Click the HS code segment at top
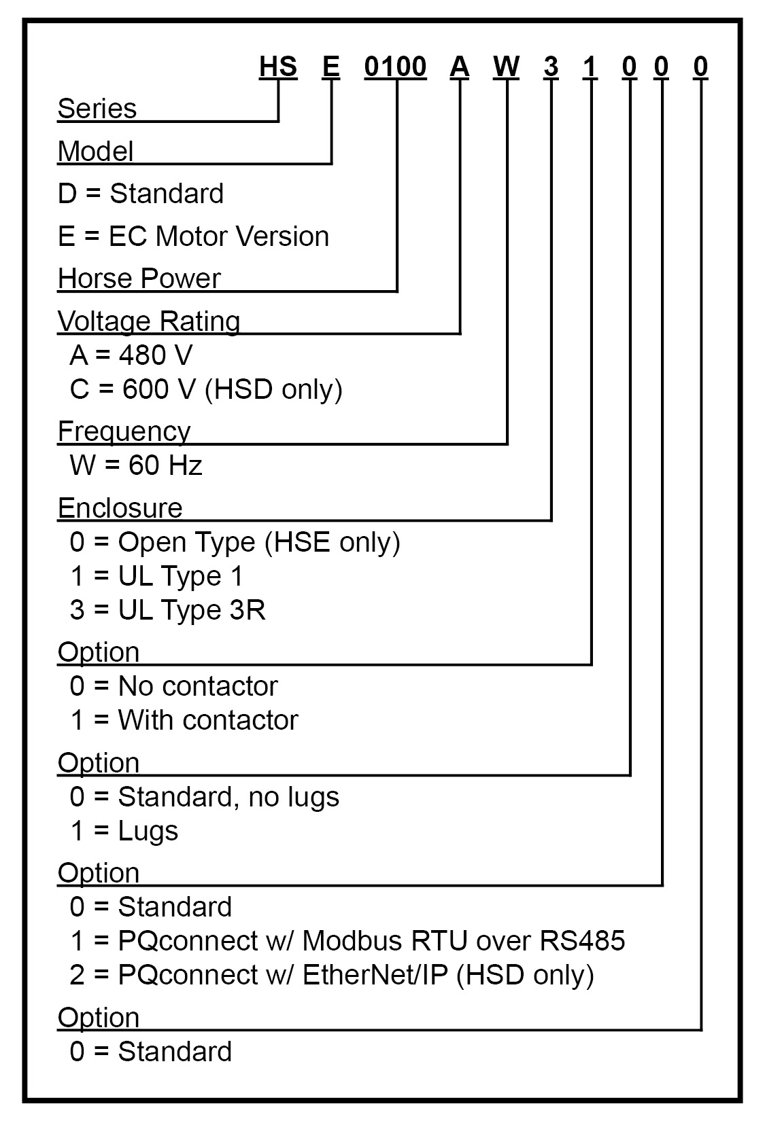click(278, 67)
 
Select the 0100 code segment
click(395, 67)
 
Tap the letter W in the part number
click(507, 67)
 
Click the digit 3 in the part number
click(551, 67)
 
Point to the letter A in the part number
click(460, 67)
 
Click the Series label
click(97, 109)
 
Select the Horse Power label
click(139, 279)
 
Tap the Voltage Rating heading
click(149, 321)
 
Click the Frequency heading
click(124, 431)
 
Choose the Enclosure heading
click(120, 508)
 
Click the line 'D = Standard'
click(141, 194)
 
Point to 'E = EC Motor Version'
click(194, 236)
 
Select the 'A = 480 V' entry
click(131, 355)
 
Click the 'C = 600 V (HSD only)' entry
click(206, 389)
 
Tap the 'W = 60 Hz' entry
click(136, 465)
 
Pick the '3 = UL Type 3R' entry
click(167, 610)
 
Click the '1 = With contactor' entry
click(184, 720)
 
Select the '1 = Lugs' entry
click(124, 831)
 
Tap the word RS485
click(583, 941)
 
